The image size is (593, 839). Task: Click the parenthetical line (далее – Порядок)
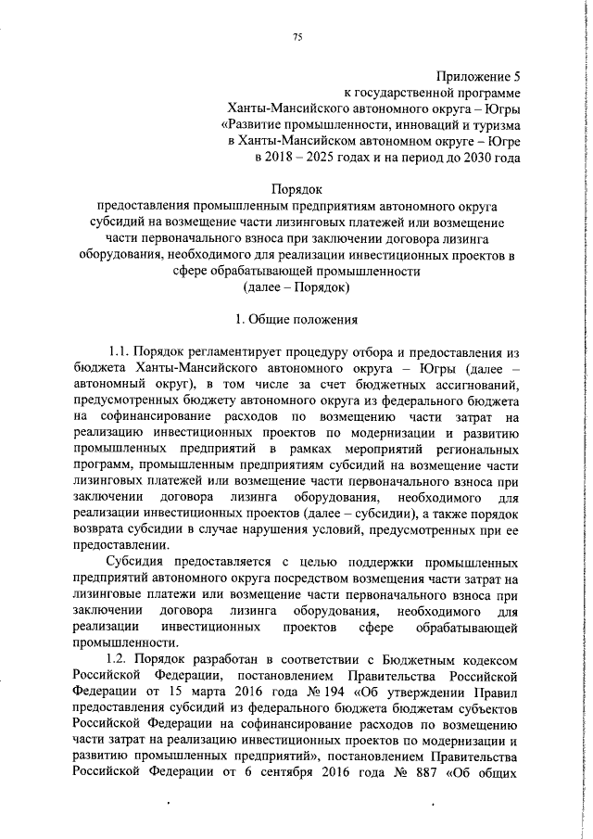pyautogui.click(x=296, y=287)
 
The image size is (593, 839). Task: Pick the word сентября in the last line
pyautogui.click(x=315, y=771)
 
